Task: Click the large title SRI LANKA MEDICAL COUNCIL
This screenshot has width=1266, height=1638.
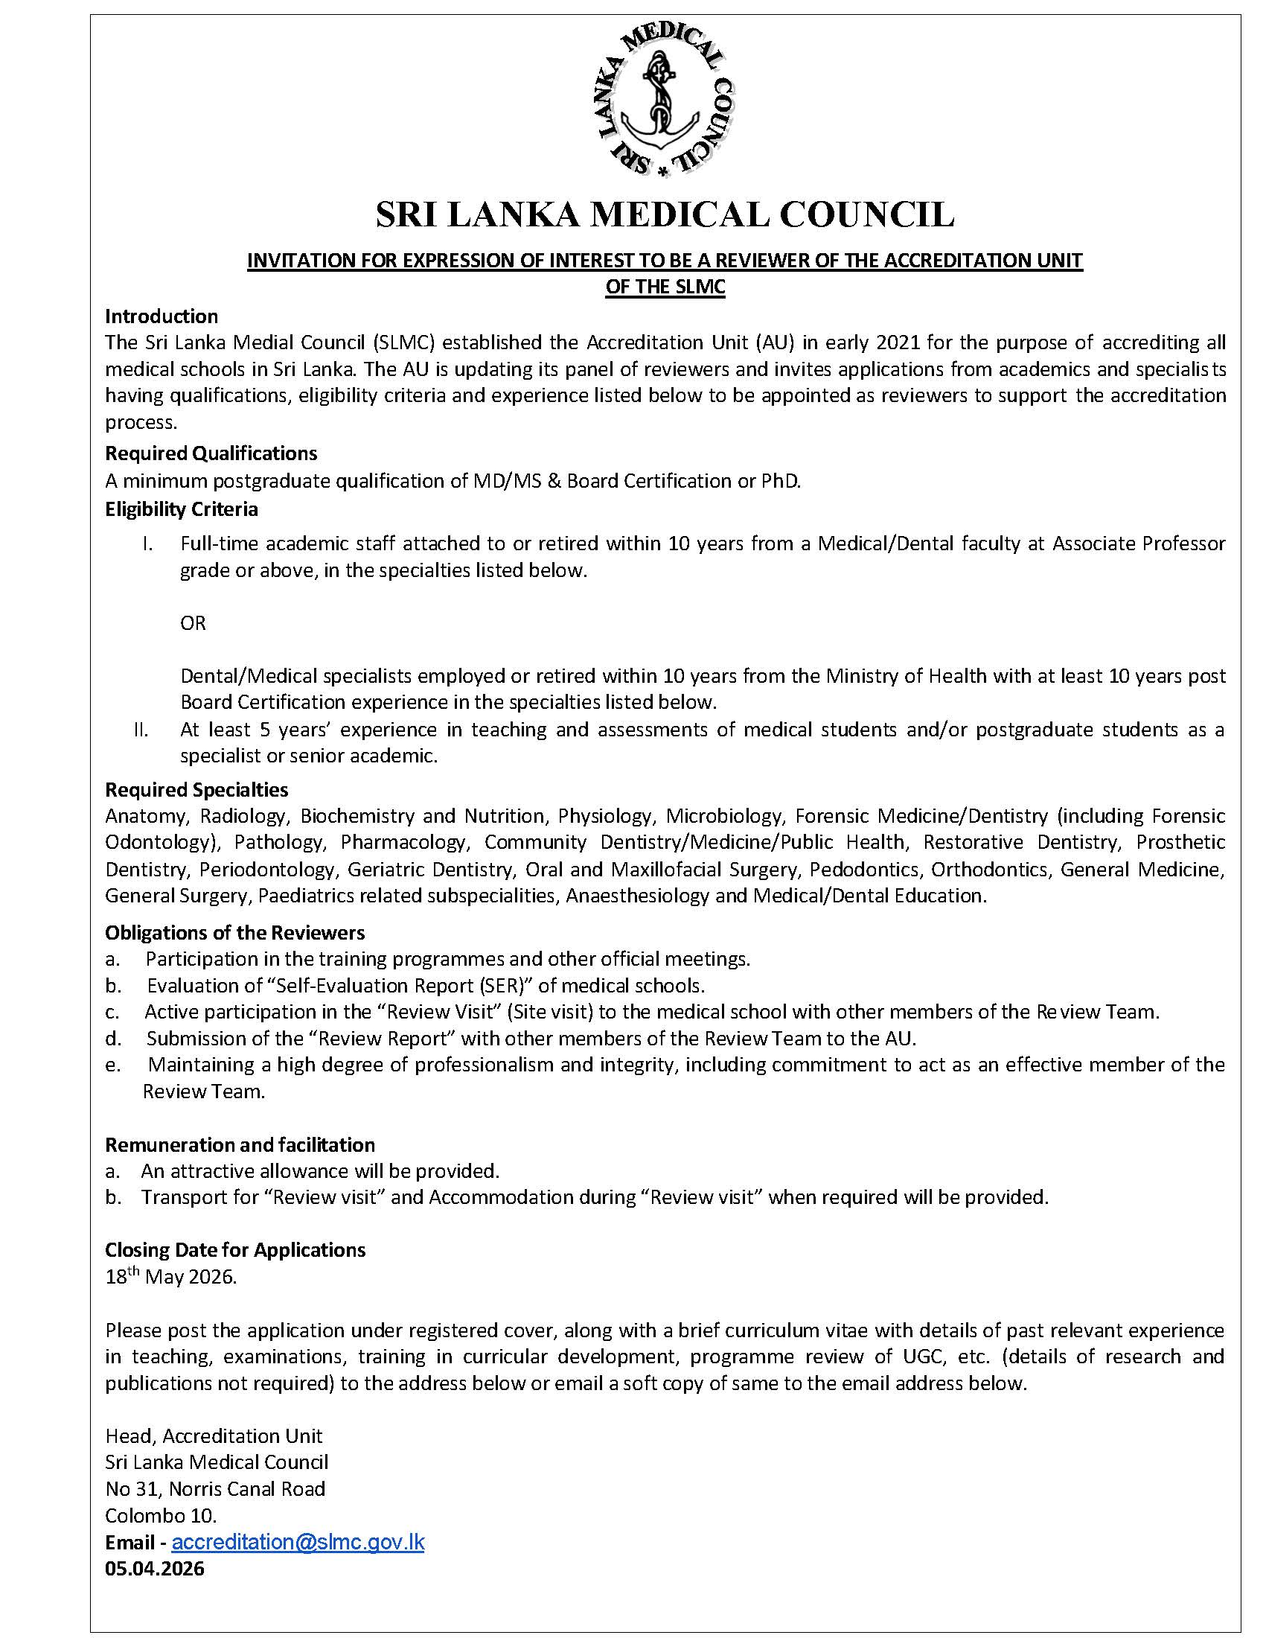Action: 665,214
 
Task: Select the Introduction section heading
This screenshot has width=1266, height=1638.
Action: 162,316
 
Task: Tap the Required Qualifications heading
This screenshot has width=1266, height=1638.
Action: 211,453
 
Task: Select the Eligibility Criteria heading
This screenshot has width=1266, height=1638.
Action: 182,509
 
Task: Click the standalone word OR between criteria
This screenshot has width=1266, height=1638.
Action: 193,623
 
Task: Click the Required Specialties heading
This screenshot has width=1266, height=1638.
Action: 196,790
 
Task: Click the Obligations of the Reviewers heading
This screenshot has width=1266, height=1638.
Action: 234,932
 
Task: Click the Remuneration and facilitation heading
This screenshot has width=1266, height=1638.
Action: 240,1144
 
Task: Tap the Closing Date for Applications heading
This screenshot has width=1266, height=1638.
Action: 235,1249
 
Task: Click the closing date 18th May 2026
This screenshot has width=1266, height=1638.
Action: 171,1276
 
